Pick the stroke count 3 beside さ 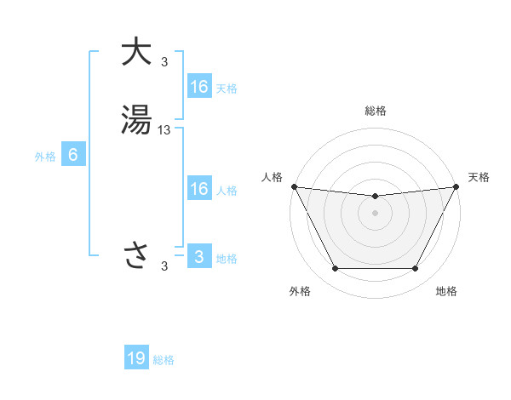point(164,266)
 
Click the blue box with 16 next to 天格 point(199,87)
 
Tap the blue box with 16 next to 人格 point(199,189)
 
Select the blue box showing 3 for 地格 point(199,257)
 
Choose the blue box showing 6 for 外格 point(73,156)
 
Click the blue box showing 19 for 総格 point(136,358)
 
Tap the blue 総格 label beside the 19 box point(164,360)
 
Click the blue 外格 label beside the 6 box point(45,157)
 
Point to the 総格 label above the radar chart point(376,111)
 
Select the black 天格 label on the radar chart point(479,177)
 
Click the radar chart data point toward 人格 point(294,186)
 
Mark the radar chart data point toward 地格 point(416,269)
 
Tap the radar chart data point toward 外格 point(335,269)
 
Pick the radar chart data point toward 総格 point(376,197)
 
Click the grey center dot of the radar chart point(376,213)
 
